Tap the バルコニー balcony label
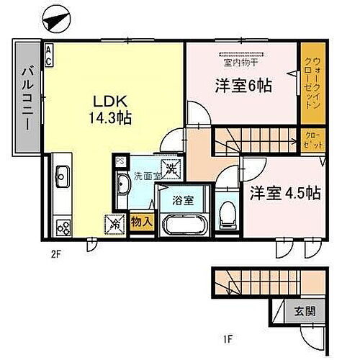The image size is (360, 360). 27,96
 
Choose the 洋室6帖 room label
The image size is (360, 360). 243,86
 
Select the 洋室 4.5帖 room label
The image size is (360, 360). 284,192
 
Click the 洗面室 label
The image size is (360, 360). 145,176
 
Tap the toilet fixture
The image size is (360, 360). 228,211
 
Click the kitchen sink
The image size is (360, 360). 60,174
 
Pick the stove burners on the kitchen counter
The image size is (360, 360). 61,227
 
